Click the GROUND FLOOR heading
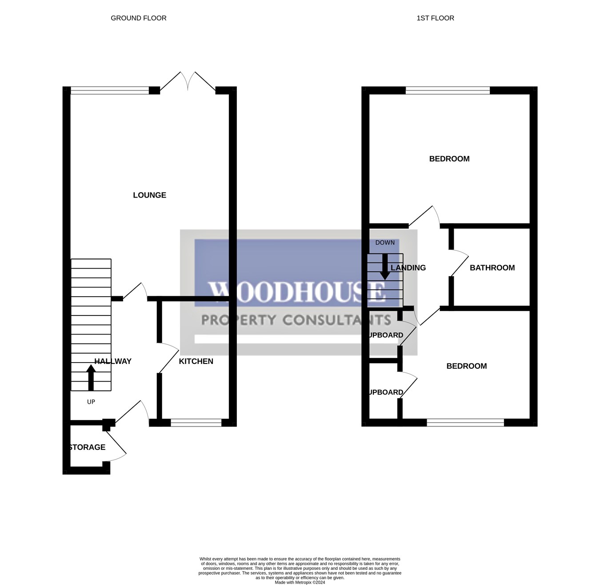138,18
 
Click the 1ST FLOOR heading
435,18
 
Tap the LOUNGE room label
149,195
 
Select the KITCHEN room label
196,361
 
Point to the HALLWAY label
113,361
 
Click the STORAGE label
88,447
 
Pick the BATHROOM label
492,267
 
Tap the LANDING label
408,267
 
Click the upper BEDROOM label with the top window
449,159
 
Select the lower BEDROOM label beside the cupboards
466,366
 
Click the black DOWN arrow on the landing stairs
385,267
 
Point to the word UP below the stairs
91,402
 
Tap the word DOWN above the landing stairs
385,242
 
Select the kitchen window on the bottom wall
196,423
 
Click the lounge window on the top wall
110,90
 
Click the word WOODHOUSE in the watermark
297,292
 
